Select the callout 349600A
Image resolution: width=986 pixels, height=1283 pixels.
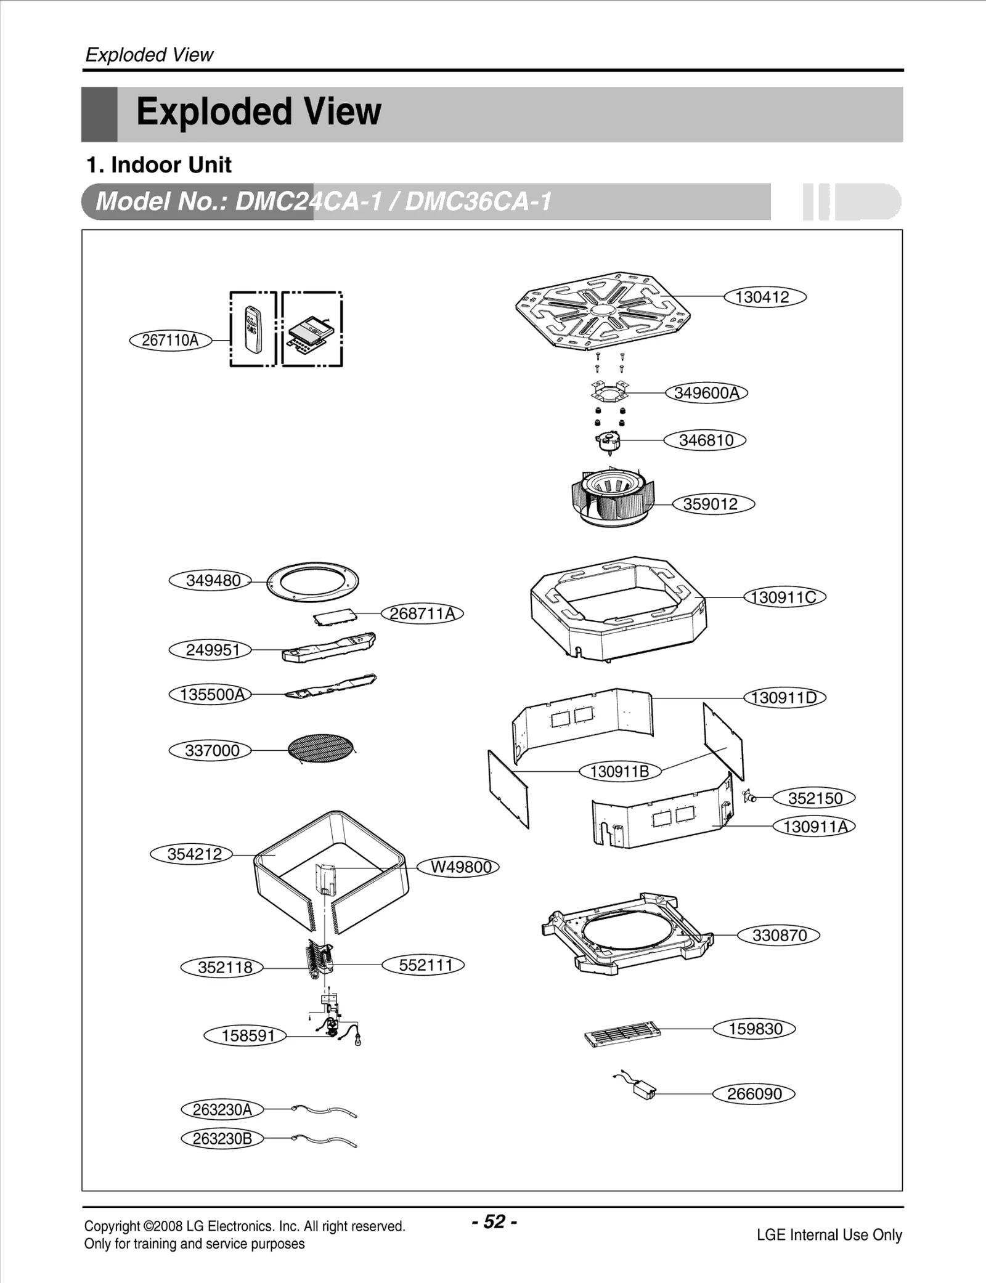706,393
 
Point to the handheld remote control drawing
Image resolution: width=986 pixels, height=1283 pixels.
253,330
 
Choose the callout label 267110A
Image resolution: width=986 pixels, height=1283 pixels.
170,340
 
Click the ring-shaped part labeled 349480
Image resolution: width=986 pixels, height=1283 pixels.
312,581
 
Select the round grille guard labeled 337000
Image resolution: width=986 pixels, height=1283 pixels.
321,750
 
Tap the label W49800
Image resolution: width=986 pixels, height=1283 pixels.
460,867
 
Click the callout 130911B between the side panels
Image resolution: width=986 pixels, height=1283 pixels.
619,771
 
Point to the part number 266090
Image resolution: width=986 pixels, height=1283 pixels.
754,1094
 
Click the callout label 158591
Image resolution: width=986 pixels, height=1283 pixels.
247,1035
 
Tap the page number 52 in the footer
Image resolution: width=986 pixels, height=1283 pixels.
494,1221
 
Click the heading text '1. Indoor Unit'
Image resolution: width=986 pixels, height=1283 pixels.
158,165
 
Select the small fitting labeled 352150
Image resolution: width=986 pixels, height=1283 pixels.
749,796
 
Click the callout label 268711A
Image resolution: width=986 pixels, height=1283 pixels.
422,613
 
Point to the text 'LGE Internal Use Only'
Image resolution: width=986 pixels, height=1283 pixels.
829,1235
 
